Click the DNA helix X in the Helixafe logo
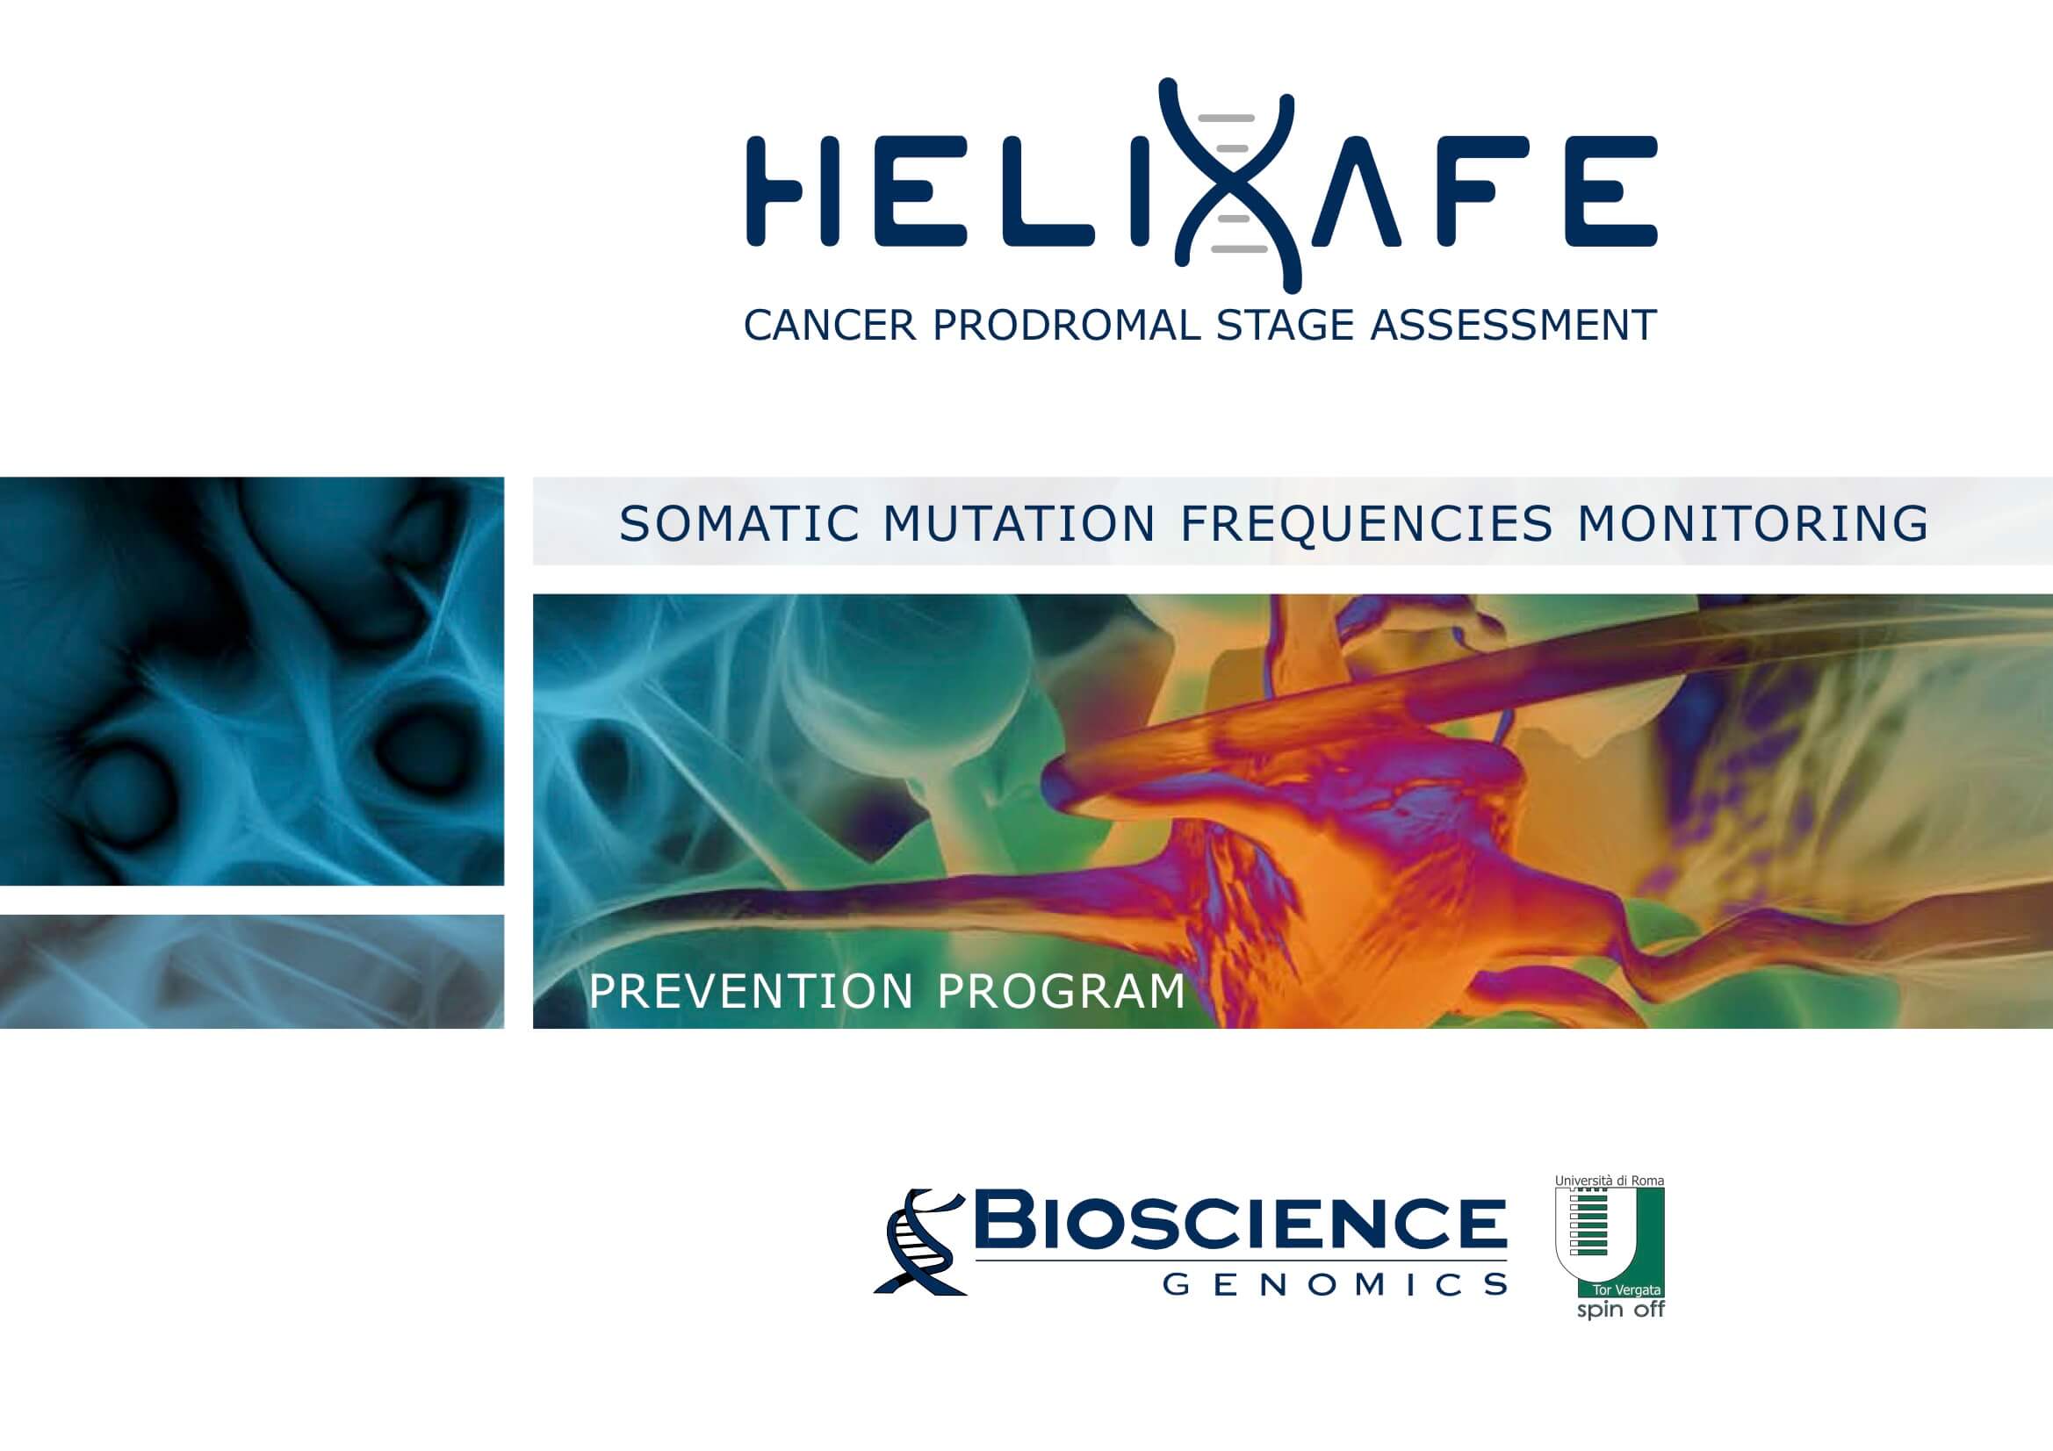[x=1228, y=185]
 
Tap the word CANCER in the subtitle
[x=830, y=325]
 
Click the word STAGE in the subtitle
[x=1286, y=325]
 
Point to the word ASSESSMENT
[x=1514, y=325]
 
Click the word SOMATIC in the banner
[x=738, y=524]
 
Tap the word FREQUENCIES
[x=1367, y=524]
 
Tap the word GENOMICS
[x=1335, y=1286]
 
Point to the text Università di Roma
[x=1610, y=1181]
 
